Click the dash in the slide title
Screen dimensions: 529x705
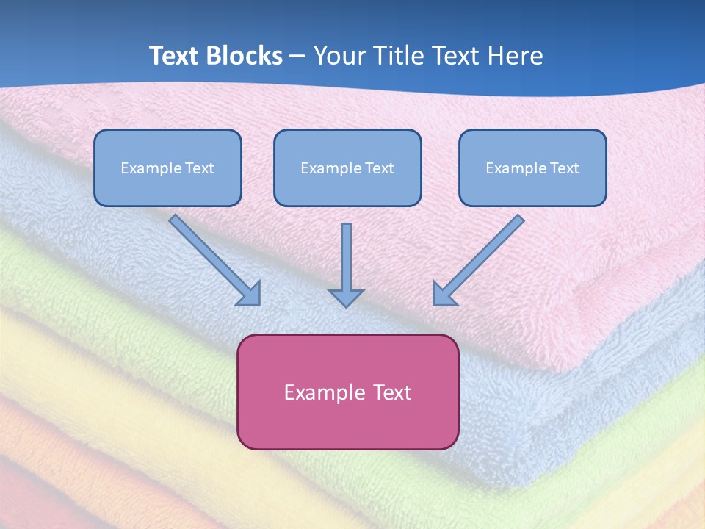[x=297, y=57]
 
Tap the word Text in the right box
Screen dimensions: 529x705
[x=564, y=168]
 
